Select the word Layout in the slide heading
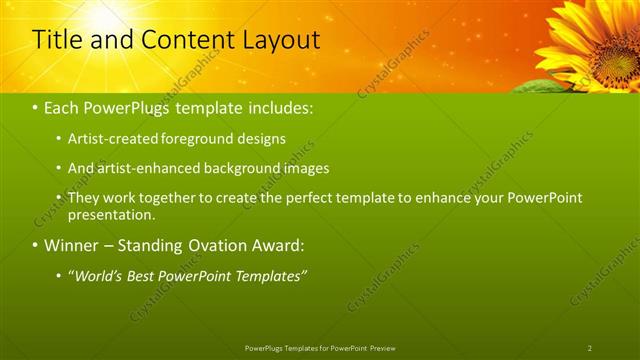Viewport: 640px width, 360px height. [x=283, y=40]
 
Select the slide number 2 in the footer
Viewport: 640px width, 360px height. [x=589, y=347]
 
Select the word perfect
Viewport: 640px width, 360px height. [x=284, y=198]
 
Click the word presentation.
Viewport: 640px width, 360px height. [x=112, y=214]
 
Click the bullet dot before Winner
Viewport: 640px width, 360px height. [x=36, y=245]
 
